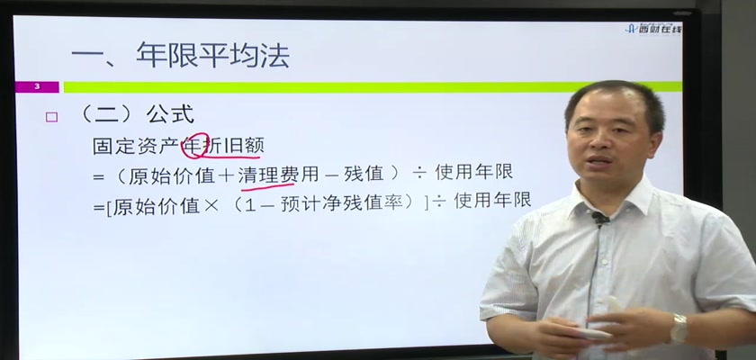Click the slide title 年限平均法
tap(212, 56)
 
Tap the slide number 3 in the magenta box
tap(37, 87)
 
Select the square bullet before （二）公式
tap(51, 117)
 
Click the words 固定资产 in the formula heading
tap(136, 146)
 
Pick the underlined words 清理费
tap(268, 173)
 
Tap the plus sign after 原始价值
tap(226, 175)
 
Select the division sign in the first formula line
tap(418, 174)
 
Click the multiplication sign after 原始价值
tap(211, 204)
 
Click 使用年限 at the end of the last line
tap(492, 200)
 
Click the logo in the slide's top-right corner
tap(653, 29)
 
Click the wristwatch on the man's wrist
tap(679, 328)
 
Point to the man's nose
tap(598, 144)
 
